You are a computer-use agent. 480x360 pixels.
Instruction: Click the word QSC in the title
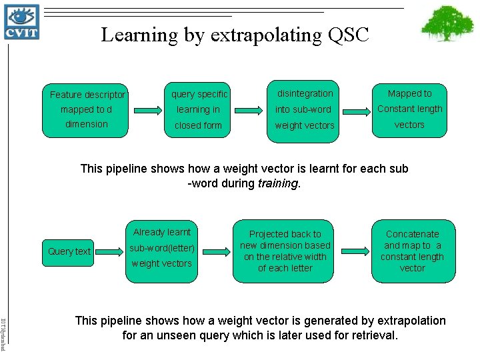click(348, 35)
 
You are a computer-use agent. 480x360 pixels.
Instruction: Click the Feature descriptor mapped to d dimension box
click(85, 109)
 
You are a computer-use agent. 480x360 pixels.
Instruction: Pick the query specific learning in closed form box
click(198, 109)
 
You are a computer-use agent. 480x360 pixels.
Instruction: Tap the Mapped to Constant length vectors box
click(409, 109)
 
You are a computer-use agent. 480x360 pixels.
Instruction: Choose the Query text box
click(69, 251)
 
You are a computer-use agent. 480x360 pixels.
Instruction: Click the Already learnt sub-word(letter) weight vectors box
click(162, 248)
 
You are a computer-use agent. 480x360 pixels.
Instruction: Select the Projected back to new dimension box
click(285, 251)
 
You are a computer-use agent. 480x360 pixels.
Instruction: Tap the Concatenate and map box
click(412, 251)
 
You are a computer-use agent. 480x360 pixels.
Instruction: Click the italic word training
click(278, 183)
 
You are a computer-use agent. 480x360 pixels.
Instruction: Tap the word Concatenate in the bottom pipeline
click(412, 234)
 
